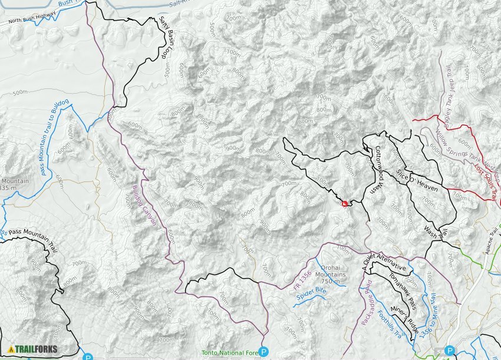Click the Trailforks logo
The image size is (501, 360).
pos(33,349)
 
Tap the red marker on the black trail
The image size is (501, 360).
pos(345,203)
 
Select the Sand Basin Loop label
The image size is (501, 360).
pos(161,38)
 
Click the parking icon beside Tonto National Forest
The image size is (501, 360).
pos(264,352)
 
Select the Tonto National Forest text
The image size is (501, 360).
pos(230,352)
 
